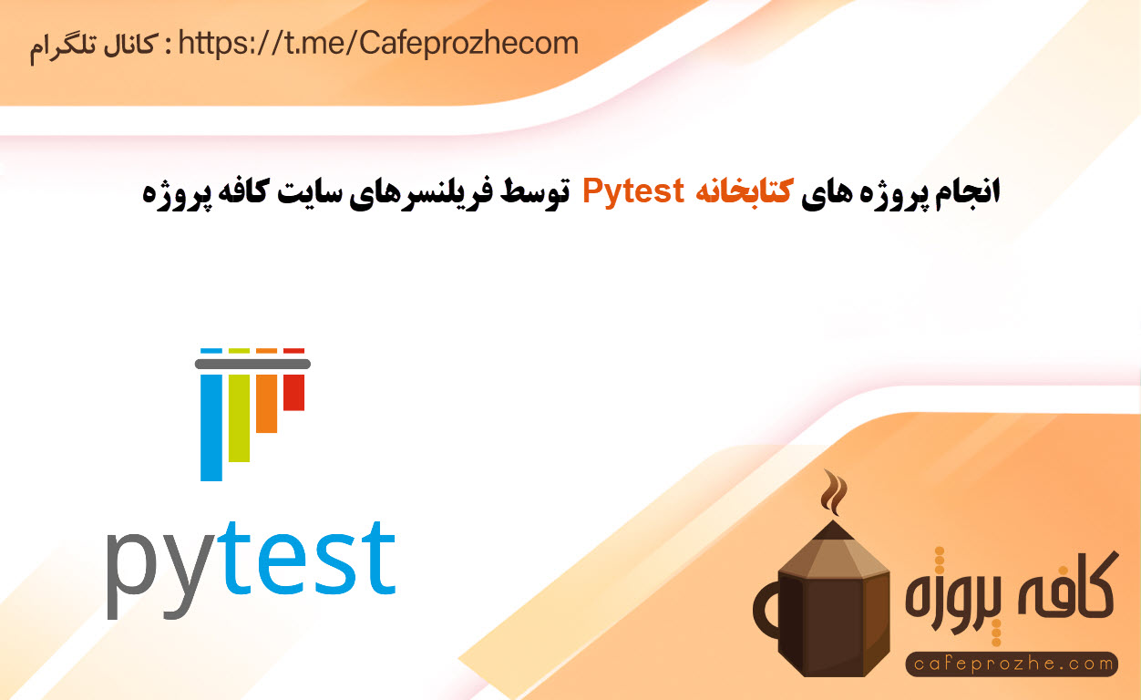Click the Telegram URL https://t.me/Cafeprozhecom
coord(378,44)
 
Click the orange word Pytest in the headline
coord(633,192)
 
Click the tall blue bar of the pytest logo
coord(211,427)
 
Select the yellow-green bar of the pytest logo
coord(239,418)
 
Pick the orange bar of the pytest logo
coord(266,404)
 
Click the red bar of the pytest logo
coord(294,392)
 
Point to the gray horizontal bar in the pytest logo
coord(252,364)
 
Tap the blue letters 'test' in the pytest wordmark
coord(310,558)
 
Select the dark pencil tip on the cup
coord(833,530)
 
